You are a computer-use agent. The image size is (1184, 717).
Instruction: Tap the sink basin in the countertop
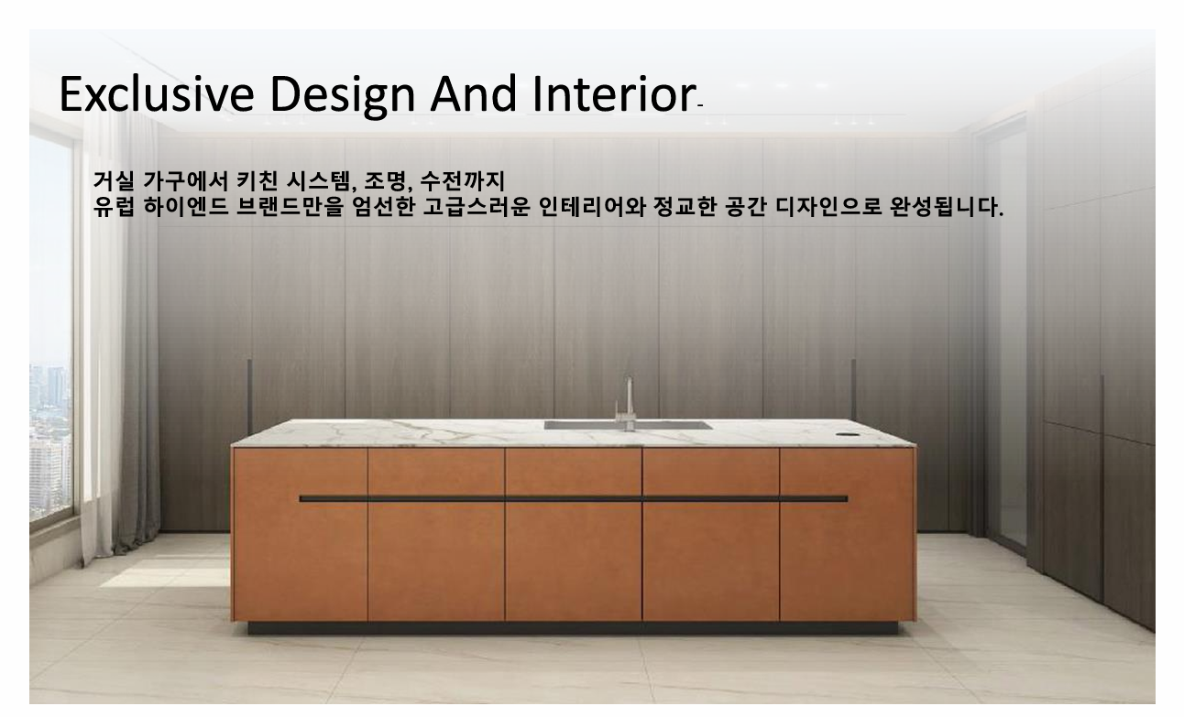[628, 425]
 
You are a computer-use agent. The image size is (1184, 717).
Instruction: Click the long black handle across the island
[573, 499]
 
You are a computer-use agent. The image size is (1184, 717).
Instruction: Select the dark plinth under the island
[573, 628]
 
